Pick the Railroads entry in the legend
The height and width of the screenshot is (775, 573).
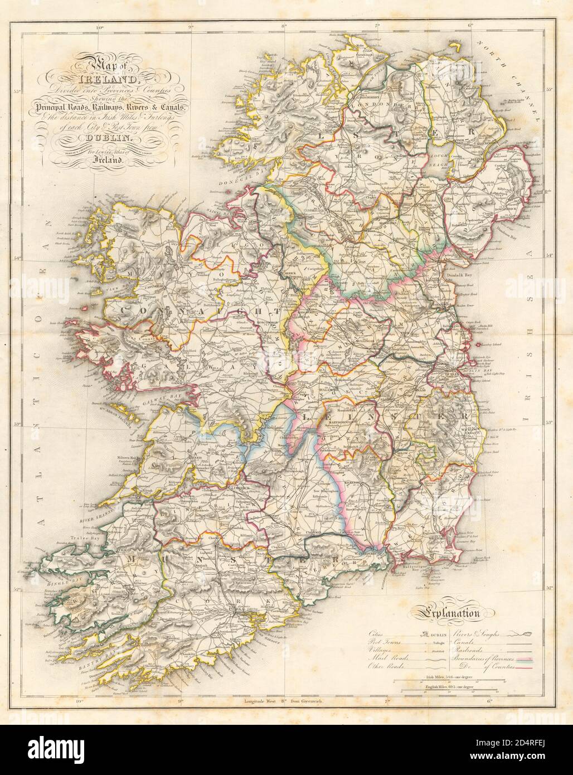[471, 651]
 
